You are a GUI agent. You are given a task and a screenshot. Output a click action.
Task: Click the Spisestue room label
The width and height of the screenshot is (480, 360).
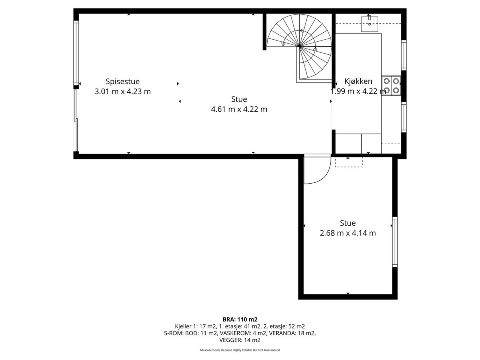[x=122, y=81]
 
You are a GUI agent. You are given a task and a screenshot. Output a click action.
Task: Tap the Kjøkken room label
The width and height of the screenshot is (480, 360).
[x=358, y=81]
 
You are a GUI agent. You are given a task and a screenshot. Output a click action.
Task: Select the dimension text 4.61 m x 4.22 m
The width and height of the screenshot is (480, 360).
[x=239, y=109]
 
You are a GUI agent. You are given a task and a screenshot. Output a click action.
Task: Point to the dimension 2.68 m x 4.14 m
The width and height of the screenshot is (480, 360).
[x=348, y=233]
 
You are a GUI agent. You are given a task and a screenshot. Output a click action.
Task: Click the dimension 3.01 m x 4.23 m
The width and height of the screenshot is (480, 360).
[x=122, y=91]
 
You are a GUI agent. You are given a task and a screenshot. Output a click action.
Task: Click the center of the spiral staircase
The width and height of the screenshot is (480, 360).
[x=299, y=47]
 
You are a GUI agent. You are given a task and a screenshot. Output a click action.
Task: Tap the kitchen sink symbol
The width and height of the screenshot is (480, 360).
[x=369, y=24]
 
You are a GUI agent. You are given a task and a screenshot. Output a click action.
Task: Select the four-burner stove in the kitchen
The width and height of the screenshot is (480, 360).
[x=391, y=85]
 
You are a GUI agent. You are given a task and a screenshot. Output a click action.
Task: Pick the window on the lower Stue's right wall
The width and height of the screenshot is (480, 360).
[x=395, y=241]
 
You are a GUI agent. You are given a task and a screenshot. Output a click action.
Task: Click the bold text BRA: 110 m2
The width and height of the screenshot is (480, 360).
[x=240, y=319]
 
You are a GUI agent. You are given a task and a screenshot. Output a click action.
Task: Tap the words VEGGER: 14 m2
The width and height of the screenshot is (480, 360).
[x=240, y=340]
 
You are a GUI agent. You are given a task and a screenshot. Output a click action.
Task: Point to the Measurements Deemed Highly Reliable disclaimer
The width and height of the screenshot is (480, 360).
[x=240, y=350]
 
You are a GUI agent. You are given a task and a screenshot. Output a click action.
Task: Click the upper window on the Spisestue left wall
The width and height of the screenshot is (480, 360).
[x=76, y=53]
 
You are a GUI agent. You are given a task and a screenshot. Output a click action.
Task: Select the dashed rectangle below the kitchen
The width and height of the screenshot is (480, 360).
[x=349, y=162]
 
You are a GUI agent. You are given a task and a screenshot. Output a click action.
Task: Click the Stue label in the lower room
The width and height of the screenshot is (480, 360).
[x=348, y=223]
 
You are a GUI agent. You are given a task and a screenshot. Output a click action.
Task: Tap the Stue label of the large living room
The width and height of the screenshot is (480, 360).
[x=239, y=99]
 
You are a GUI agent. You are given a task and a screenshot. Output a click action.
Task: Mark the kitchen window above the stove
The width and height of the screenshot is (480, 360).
[x=404, y=55]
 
